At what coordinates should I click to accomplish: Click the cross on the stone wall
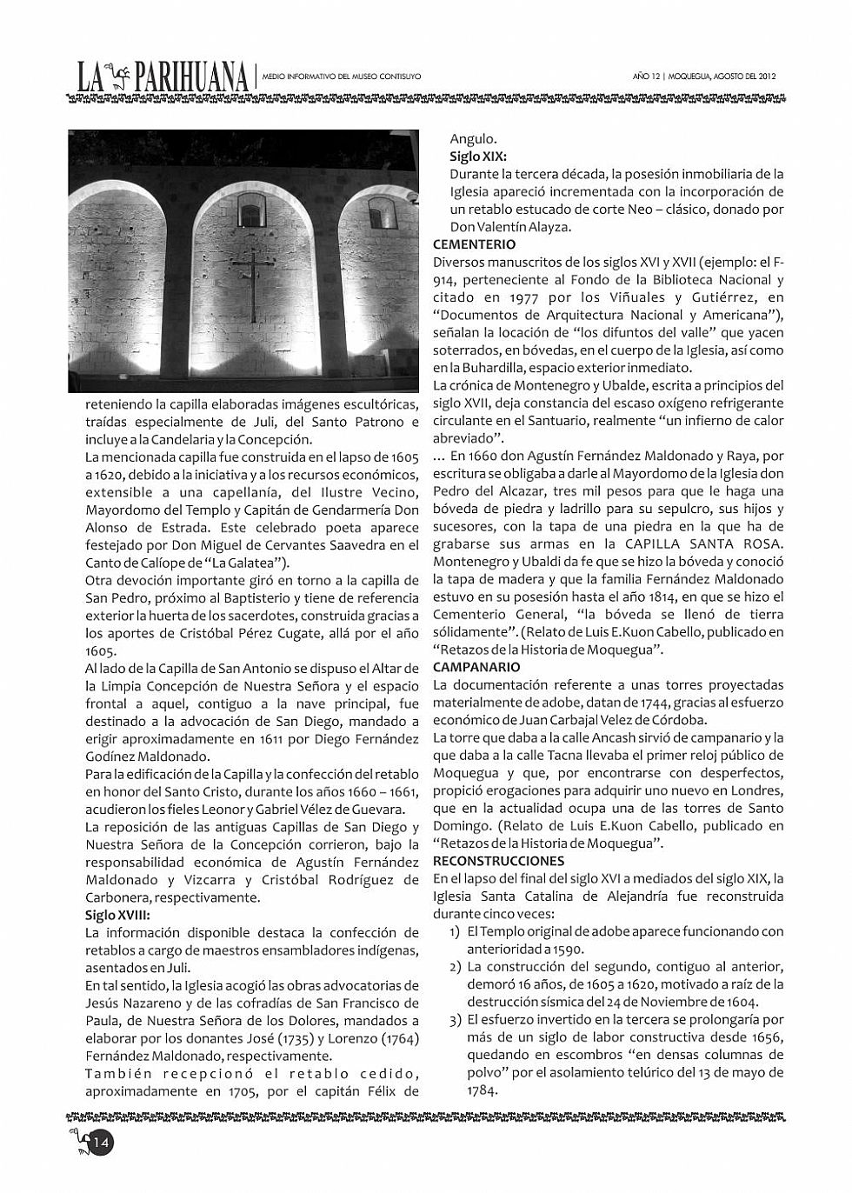coord(253,283)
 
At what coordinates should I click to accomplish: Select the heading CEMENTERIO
coord(474,244)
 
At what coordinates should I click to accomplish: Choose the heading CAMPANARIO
coord(476,667)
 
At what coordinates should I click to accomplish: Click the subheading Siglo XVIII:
coord(117,915)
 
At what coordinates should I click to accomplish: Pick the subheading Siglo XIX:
coord(478,157)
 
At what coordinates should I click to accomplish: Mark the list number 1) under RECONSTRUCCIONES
coord(455,931)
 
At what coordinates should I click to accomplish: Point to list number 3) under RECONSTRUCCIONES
coord(455,1020)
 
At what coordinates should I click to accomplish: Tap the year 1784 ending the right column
coord(482,1090)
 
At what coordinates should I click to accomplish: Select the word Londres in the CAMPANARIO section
coord(751,790)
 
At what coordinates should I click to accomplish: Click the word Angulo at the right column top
coord(473,138)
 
